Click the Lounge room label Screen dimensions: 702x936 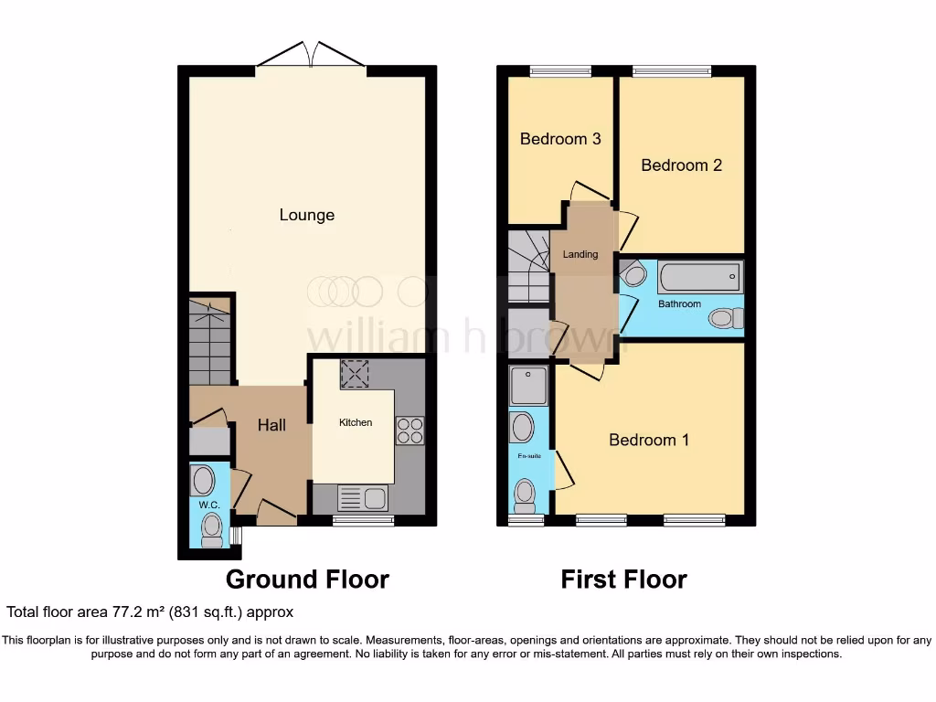[x=307, y=215]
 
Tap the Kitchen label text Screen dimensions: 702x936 [x=356, y=422]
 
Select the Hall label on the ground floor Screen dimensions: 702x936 [x=271, y=425]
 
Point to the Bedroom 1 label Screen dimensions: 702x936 [x=649, y=440]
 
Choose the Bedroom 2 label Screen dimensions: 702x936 [x=681, y=165]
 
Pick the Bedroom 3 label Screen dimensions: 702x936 [x=560, y=139]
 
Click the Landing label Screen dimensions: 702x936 [x=580, y=254]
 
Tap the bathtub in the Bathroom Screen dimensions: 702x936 [x=699, y=276]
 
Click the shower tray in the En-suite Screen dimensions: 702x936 [x=528, y=386]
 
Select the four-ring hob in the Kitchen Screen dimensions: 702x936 [x=409, y=431]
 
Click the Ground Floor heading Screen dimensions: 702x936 [x=307, y=580]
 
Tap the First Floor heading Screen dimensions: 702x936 [x=623, y=580]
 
